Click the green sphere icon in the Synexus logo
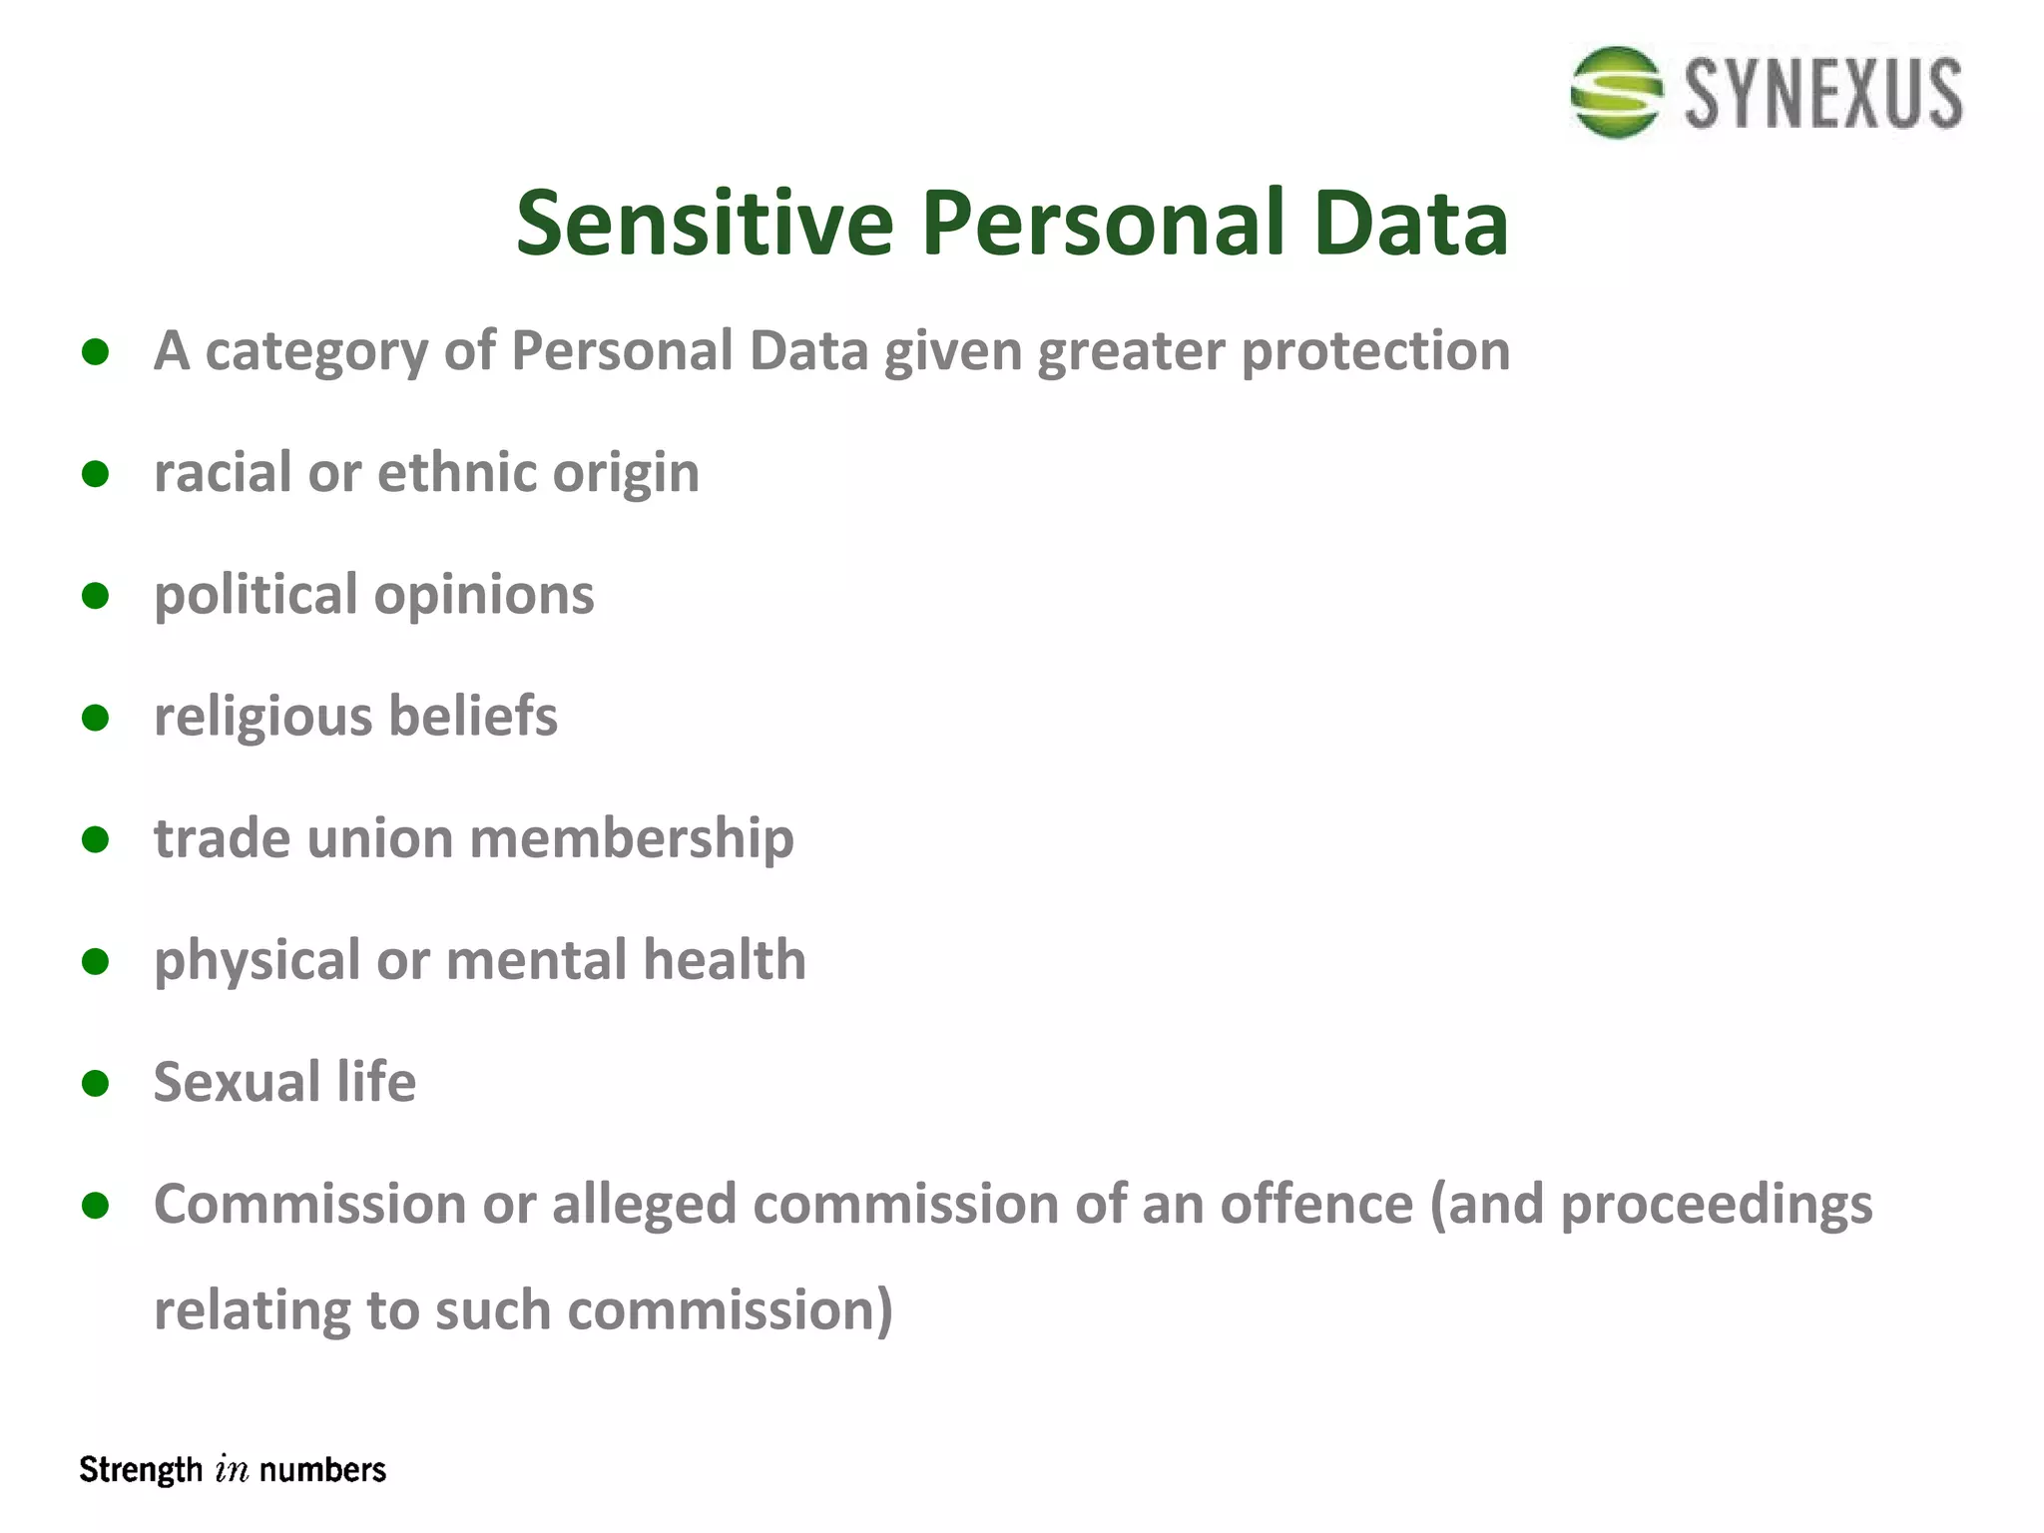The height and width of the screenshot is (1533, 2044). [x=1616, y=92]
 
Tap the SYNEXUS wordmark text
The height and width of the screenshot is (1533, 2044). [x=1823, y=94]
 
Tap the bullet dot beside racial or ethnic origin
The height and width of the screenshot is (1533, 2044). [x=96, y=473]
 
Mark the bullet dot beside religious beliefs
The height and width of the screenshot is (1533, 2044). [x=96, y=718]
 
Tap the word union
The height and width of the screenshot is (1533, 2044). [x=379, y=838]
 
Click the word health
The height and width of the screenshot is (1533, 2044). [x=724, y=960]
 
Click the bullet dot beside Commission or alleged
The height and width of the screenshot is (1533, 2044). [x=96, y=1206]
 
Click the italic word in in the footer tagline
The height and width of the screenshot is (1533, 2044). [x=231, y=1470]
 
